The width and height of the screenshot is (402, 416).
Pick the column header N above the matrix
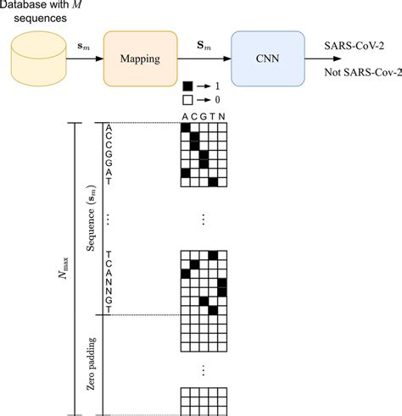[223, 117]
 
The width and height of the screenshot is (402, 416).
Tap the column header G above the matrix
[204, 117]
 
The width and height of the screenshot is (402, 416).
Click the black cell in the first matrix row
[185, 126]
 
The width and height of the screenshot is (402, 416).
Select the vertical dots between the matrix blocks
[204, 219]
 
